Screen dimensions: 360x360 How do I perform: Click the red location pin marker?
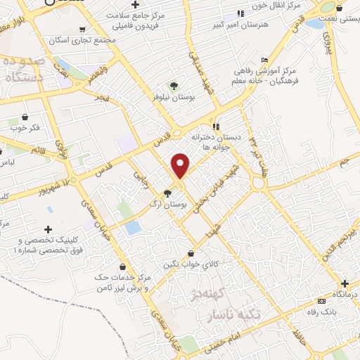(181, 165)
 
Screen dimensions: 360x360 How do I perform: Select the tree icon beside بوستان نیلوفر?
(173, 88)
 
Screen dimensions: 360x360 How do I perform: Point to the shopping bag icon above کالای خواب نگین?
(191, 254)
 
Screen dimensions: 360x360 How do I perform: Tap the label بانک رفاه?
(321, 310)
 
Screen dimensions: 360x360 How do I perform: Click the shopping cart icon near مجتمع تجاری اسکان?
(83, 30)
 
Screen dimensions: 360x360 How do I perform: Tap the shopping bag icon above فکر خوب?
(25, 117)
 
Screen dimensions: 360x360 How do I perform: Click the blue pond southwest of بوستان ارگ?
(131, 227)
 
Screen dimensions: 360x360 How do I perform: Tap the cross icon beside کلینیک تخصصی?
(48, 229)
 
